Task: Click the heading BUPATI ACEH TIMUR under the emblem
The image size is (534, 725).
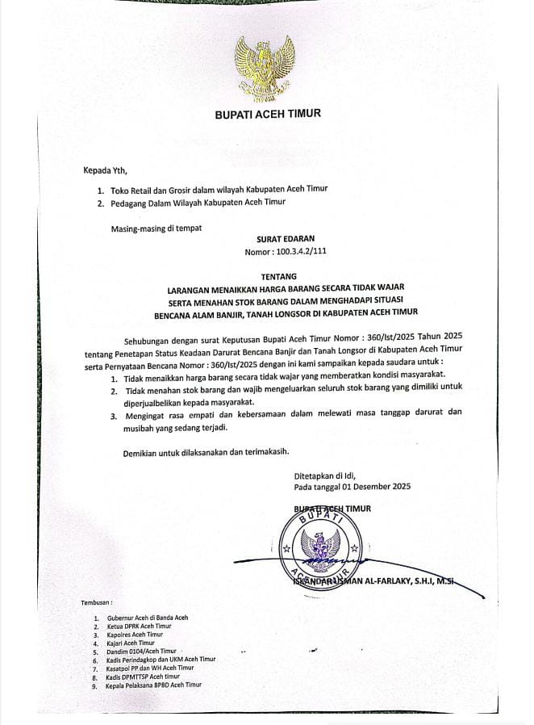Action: pos(267,115)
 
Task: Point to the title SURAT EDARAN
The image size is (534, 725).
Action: pos(286,239)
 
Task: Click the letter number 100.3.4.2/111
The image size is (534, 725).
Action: pos(286,253)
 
